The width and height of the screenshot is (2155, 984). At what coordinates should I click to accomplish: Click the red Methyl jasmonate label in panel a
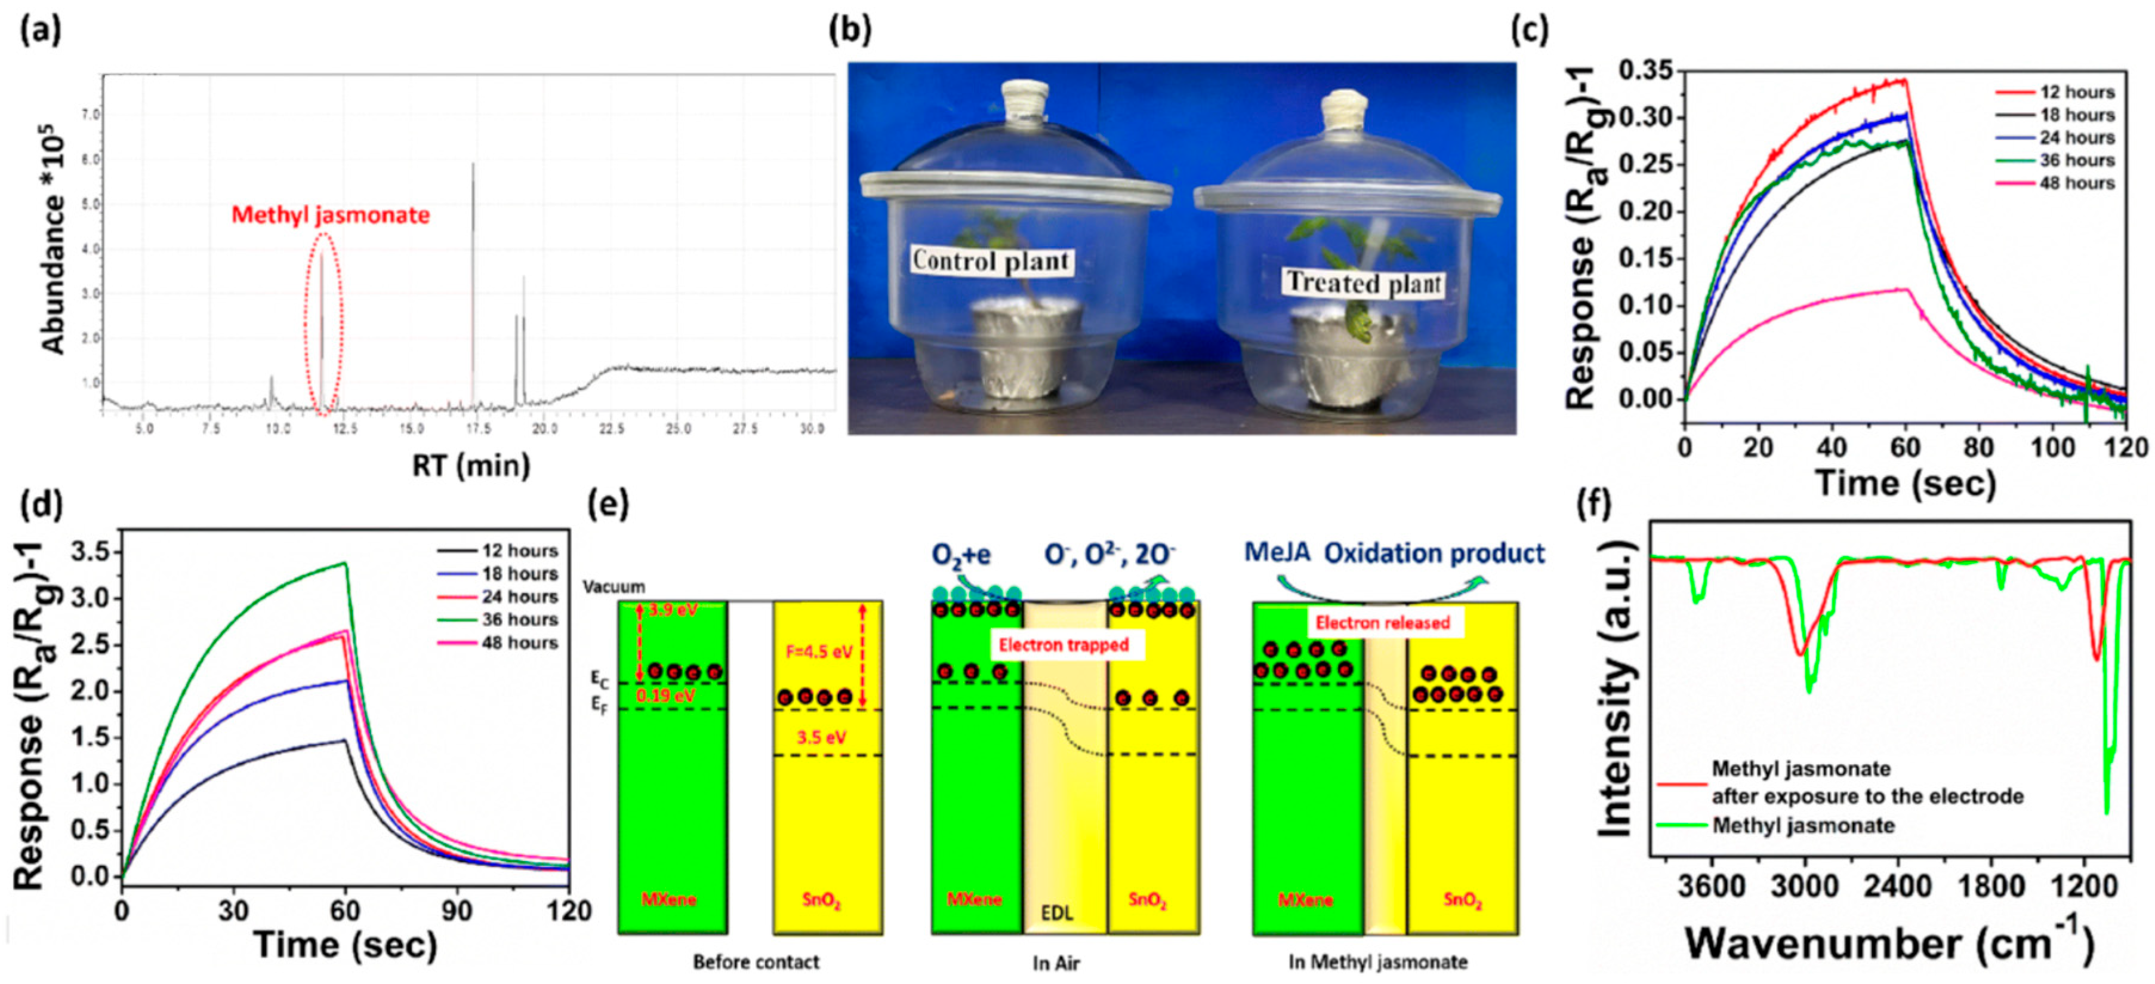pyautogui.click(x=331, y=215)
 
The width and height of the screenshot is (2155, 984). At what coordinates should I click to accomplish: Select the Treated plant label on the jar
pyautogui.click(x=1364, y=283)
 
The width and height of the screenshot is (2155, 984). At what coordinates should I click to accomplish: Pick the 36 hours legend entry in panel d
pyautogui.click(x=519, y=620)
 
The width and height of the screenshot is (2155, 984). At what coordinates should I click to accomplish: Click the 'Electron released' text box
pyautogui.click(x=1382, y=623)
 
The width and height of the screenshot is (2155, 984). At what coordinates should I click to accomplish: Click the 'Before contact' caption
pyautogui.click(x=756, y=963)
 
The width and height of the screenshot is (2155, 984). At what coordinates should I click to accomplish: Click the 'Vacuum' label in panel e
pyautogui.click(x=614, y=586)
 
